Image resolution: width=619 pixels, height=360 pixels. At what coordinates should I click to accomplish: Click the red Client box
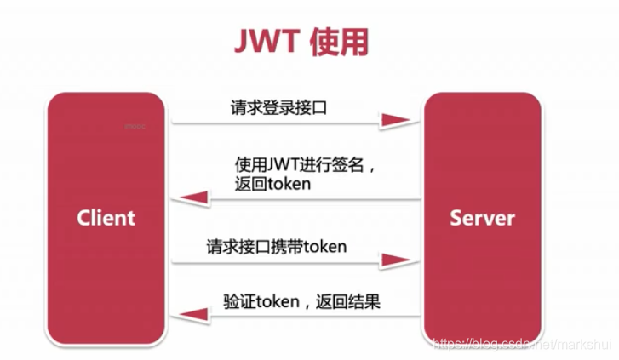tap(106, 218)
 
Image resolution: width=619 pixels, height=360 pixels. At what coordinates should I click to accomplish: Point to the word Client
tap(106, 218)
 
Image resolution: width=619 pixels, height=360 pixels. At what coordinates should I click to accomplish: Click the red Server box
tap(482, 218)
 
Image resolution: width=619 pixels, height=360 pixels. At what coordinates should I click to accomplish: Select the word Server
tap(482, 218)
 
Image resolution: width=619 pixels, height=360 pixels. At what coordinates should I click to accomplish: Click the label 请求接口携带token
tap(276, 247)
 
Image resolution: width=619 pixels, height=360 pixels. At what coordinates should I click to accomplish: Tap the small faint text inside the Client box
tap(135, 126)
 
